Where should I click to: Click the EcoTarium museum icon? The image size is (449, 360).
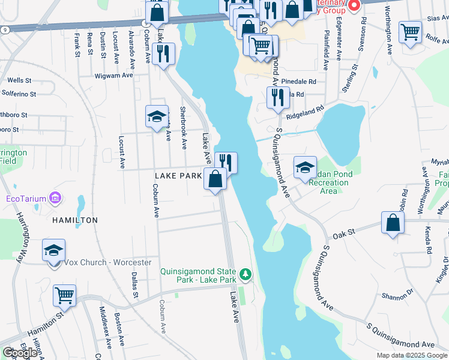click(x=55, y=197)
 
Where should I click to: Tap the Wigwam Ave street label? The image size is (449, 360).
click(x=113, y=76)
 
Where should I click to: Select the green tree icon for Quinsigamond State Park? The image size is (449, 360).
click(x=244, y=275)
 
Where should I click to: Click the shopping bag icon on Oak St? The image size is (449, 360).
click(x=392, y=223)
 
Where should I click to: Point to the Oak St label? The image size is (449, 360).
click(x=349, y=233)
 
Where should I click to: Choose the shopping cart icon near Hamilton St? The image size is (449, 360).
click(x=64, y=295)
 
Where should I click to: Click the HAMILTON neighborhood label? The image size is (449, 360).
click(x=75, y=220)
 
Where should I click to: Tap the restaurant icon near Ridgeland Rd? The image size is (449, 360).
click(x=277, y=98)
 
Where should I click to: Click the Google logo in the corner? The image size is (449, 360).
click(x=20, y=352)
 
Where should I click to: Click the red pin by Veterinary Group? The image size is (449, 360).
click(x=354, y=6)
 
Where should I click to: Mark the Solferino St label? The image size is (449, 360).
click(x=19, y=94)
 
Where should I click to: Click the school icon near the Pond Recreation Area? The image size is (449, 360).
click(x=305, y=167)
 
